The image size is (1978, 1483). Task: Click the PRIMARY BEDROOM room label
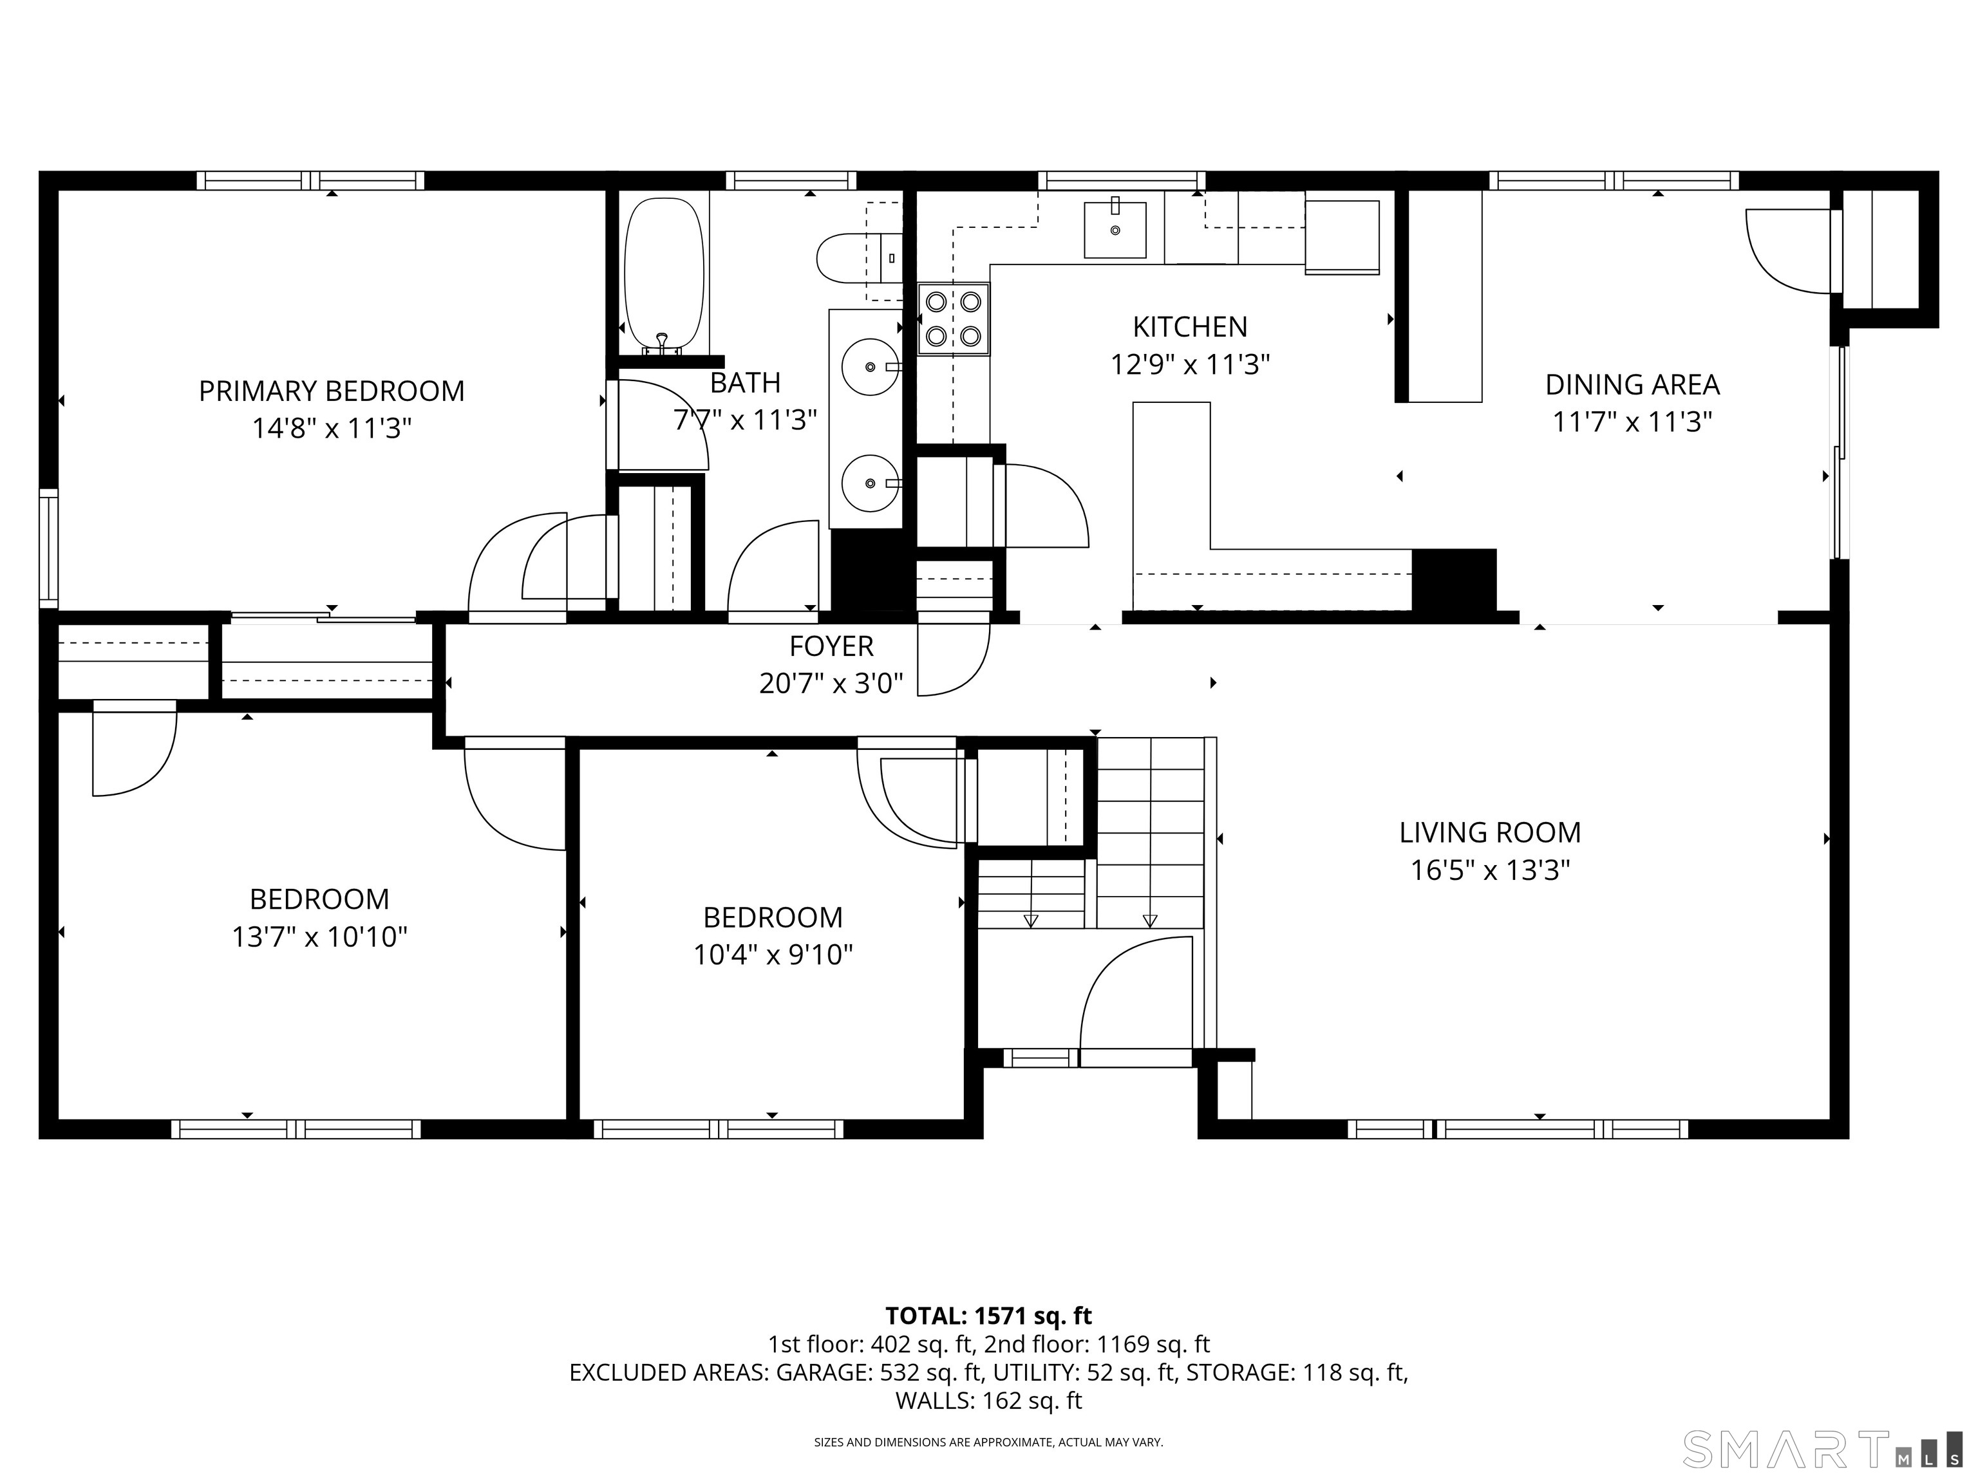click(331, 391)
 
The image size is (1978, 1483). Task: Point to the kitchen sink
click(1115, 230)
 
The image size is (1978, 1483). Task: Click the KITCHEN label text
click(1189, 327)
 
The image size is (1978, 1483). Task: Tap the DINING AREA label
click(1632, 386)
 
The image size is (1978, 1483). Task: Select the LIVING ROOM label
click(1490, 833)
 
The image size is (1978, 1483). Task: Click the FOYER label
click(831, 646)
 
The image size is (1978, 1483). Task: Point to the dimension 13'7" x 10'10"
click(319, 937)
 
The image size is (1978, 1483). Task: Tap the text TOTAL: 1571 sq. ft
click(988, 1316)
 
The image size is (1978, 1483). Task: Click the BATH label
click(745, 382)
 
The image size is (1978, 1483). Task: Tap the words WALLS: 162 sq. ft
click(988, 1401)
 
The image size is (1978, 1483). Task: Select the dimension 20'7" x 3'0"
click(831, 684)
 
